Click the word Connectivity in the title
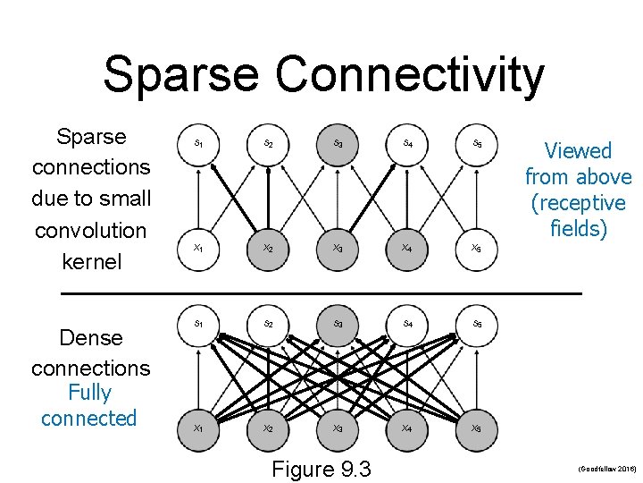[409, 74]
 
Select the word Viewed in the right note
[578, 151]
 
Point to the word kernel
[90, 263]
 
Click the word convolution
[90, 231]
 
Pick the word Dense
[90, 338]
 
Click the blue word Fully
[89, 393]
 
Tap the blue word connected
[89, 418]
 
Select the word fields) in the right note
[578, 229]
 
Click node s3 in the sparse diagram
[338, 143]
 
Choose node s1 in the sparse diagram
[197, 143]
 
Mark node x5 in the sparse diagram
[477, 248]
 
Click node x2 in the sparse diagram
[267, 248]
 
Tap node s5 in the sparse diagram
[477, 143]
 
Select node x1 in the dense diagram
[197, 428]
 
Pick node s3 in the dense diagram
[338, 323]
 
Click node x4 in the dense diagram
[406, 428]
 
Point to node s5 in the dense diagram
[477, 323]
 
